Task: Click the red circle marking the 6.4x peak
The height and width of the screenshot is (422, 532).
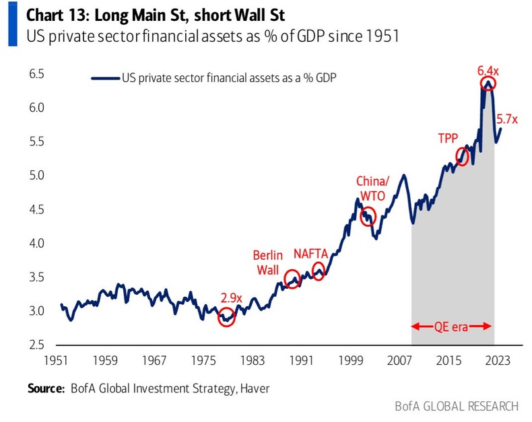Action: coord(488,83)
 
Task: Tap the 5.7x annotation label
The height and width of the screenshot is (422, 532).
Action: coord(506,119)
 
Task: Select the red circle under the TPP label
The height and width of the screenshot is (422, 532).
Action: coord(462,156)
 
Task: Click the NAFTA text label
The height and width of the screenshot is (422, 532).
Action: coord(310,254)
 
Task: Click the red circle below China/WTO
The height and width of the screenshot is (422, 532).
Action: coord(368,216)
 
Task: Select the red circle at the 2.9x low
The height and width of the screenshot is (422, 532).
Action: coord(227,318)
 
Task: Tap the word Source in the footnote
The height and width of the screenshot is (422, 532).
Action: coord(44,388)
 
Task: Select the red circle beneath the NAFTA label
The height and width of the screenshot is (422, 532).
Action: coord(319,271)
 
